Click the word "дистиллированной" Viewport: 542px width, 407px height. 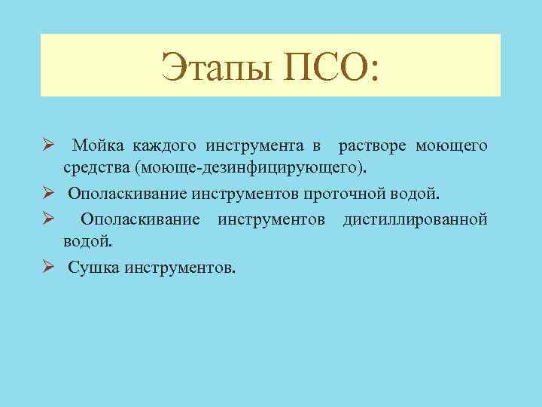coord(415,219)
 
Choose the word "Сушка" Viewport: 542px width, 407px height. coord(94,268)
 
